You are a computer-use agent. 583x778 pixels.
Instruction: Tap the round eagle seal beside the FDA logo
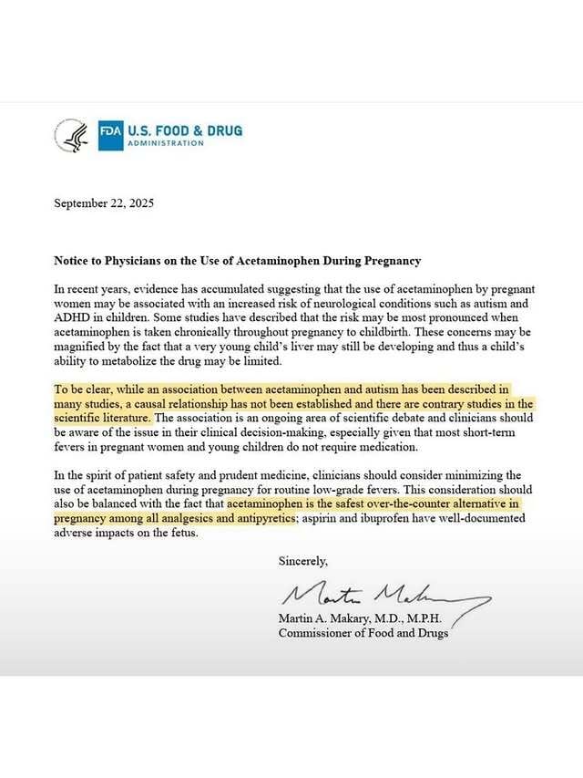point(71,135)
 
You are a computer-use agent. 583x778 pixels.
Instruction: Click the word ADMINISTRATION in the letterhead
point(166,143)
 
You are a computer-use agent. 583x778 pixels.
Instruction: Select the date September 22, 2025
point(104,203)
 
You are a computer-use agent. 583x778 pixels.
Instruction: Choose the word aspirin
point(322,519)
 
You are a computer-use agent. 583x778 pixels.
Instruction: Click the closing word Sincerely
point(302,561)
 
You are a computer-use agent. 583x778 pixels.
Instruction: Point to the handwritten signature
point(383,597)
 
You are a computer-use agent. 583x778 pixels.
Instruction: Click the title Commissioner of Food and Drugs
point(363,633)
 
